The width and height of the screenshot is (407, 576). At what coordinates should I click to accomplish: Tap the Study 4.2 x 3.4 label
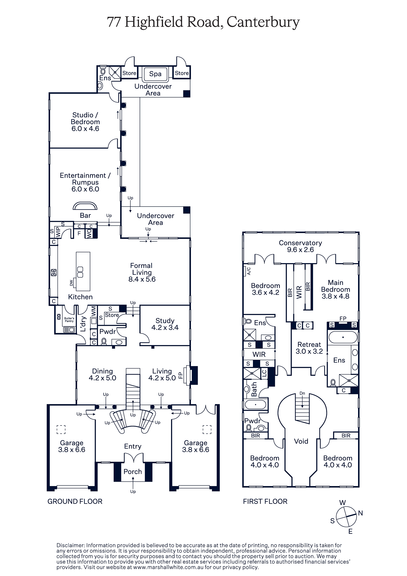click(x=165, y=324)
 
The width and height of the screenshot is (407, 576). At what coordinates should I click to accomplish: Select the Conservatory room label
click(x=300, y=246)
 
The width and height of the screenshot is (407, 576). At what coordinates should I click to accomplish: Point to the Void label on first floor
click(x=301, y=441)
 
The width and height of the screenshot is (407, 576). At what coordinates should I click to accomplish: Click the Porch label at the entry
click(x=133, y=472)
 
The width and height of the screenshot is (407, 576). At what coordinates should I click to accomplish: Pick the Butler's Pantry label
click(x=69, y=320)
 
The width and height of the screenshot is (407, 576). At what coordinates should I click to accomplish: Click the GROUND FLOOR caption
click(x=75, y=501)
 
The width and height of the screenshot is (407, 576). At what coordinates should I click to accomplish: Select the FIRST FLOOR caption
click(x=265, y=501)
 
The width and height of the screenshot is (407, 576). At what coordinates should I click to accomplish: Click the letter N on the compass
click(x=360, y=513)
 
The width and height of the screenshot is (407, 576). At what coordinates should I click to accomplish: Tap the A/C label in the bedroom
click(x=249, y=271)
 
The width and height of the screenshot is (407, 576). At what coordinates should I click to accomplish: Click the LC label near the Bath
click(x=264, y=373)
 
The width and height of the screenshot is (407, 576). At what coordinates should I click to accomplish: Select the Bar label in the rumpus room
click(x=85, y=215)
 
